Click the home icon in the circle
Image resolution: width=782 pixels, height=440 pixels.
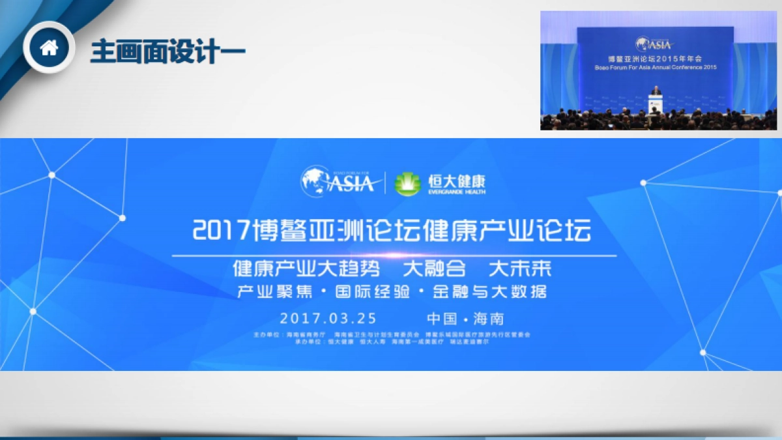[49, 48]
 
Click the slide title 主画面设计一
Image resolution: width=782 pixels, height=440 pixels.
[167, 50]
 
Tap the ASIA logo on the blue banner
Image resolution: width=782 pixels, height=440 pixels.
[338, 182]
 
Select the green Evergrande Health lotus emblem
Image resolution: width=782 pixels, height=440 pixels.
[407, 183]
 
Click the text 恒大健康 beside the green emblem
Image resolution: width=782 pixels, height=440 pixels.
[456, 179]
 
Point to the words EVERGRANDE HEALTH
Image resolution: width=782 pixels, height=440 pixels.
[456, 192]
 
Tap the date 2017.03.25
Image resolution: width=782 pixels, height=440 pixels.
[328, 319]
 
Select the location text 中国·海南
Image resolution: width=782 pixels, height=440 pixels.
[465, 319]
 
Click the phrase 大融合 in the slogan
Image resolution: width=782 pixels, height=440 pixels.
[435, 269]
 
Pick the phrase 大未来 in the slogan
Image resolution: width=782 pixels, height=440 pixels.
[519, 269]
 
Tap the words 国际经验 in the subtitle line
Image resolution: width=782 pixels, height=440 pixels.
[372, 291]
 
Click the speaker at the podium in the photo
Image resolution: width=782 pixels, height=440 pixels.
[656, 98]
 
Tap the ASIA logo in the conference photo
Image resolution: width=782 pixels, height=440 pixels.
[654, 44]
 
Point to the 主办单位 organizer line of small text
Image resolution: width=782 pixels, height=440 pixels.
[392, 334]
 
